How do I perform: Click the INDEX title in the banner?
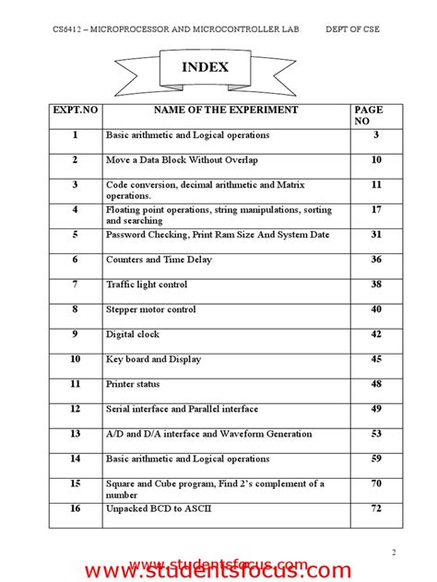(205, 67)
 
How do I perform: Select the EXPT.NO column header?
(76, 111)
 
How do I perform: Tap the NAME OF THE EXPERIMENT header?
(226, 111)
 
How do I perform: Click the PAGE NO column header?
(368, 115)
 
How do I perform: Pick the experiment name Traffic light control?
(147, 285)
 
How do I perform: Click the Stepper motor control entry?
(151, 309)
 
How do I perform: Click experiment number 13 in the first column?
(76, 434)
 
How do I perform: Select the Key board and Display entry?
(153, 359)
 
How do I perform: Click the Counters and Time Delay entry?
(159, 260)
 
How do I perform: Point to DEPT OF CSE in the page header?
(352, 29)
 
